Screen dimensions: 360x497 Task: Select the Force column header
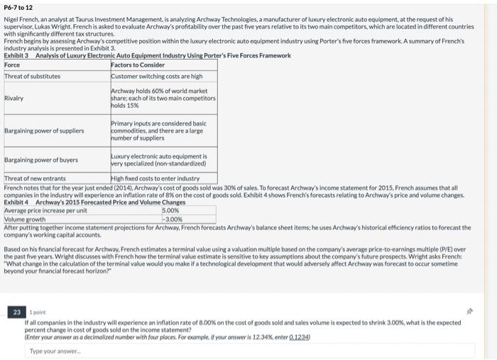click(13, 65)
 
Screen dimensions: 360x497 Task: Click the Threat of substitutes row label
click(33, 76)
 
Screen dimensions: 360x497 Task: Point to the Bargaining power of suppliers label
click(44, 131)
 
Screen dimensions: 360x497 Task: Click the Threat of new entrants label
click(35, 178)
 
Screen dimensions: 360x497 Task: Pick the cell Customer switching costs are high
click(157, 76)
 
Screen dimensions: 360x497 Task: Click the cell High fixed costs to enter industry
click(155, 178)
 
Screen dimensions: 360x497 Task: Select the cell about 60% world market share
click(163, 98)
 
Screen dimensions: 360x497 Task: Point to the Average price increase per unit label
click(45, 210)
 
